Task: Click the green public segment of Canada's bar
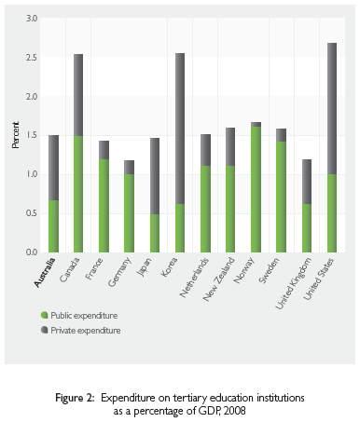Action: tap(79, 194)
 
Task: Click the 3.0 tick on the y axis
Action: tap(33, 19)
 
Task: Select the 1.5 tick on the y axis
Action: tap(33, 136)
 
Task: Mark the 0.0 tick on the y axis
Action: tap(33, 252)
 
